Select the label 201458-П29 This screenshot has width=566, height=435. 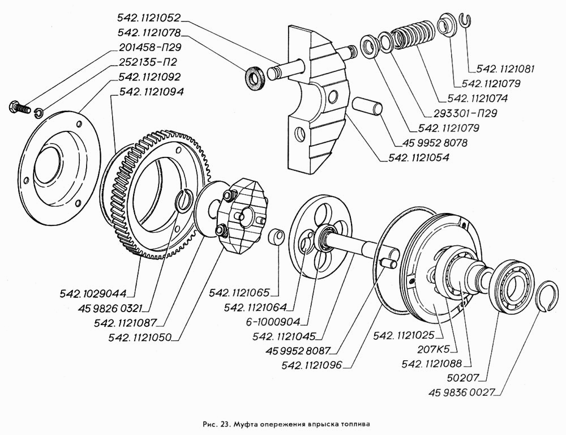point(152,48)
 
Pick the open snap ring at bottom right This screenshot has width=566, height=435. point(546,295)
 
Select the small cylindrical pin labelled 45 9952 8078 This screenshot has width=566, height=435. point(368,107)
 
